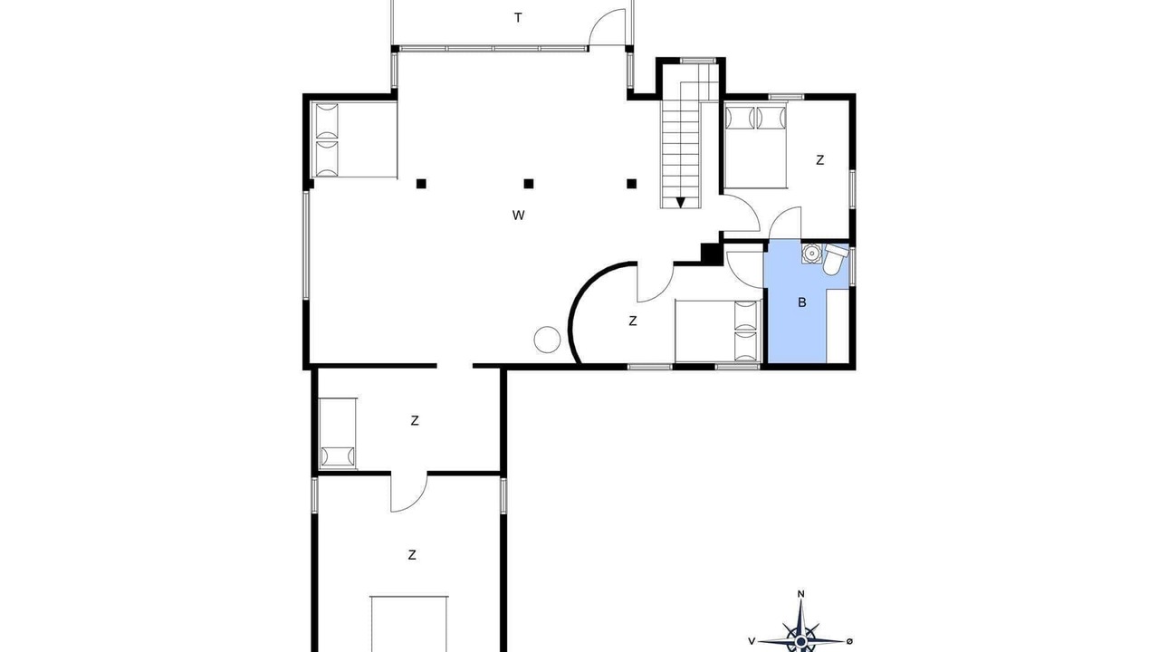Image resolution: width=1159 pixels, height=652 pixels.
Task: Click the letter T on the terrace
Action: (518, 18)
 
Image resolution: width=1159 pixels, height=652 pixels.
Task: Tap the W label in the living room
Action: (519, 216)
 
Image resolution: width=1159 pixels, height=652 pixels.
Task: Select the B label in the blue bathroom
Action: (802, 302)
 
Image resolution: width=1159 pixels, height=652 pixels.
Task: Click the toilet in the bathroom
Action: (834, 259)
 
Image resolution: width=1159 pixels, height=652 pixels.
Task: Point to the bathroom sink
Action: (812, 254)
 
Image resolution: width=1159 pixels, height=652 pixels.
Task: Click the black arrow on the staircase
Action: (680, 202)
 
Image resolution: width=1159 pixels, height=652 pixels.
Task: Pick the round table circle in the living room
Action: (547, 340)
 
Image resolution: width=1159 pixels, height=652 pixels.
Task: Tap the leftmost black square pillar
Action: (421, 184)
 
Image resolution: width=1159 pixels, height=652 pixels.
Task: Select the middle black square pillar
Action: (528, 184)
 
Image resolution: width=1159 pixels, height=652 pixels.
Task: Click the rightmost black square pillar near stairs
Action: (631, 184)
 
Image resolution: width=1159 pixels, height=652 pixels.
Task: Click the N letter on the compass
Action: (801, 594)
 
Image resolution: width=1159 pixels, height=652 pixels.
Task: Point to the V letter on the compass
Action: (752, 642)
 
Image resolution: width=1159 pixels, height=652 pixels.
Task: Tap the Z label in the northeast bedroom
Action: (819, 160)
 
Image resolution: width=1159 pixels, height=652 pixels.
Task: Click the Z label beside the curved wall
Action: (632, 321)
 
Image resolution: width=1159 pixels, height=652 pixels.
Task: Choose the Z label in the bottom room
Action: (412, 555)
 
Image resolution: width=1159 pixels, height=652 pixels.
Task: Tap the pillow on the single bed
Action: (338, 456)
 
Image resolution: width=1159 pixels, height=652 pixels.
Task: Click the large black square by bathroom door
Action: (711, 254)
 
